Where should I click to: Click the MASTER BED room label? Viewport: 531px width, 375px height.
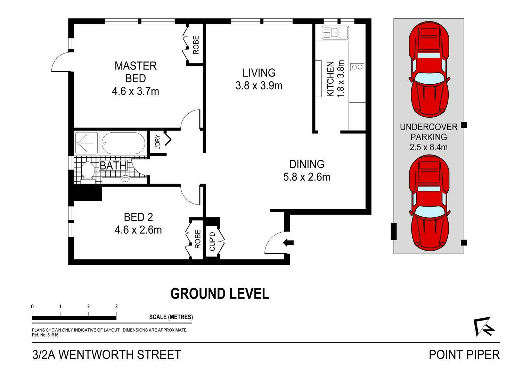136,72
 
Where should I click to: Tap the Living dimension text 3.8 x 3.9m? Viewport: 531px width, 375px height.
259,85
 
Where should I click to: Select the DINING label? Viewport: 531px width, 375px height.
307,164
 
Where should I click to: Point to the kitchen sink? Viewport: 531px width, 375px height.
335,32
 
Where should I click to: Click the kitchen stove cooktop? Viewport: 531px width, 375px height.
358,67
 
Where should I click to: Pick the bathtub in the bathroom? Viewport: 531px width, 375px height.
123,143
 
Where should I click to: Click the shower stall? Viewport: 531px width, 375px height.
86,143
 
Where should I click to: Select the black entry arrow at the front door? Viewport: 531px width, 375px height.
288,243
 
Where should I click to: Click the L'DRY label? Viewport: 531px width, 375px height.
157,142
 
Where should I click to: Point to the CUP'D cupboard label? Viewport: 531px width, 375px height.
212,241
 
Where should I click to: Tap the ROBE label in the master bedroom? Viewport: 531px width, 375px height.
196,45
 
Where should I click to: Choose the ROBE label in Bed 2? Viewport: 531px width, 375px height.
198,239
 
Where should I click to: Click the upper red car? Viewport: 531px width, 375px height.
429,69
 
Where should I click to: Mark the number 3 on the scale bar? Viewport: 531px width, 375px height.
116,307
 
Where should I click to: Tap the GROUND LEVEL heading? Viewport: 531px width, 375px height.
220,293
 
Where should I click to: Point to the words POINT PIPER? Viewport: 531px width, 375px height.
464,355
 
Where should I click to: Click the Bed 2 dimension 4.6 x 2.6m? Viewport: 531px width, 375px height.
138,230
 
